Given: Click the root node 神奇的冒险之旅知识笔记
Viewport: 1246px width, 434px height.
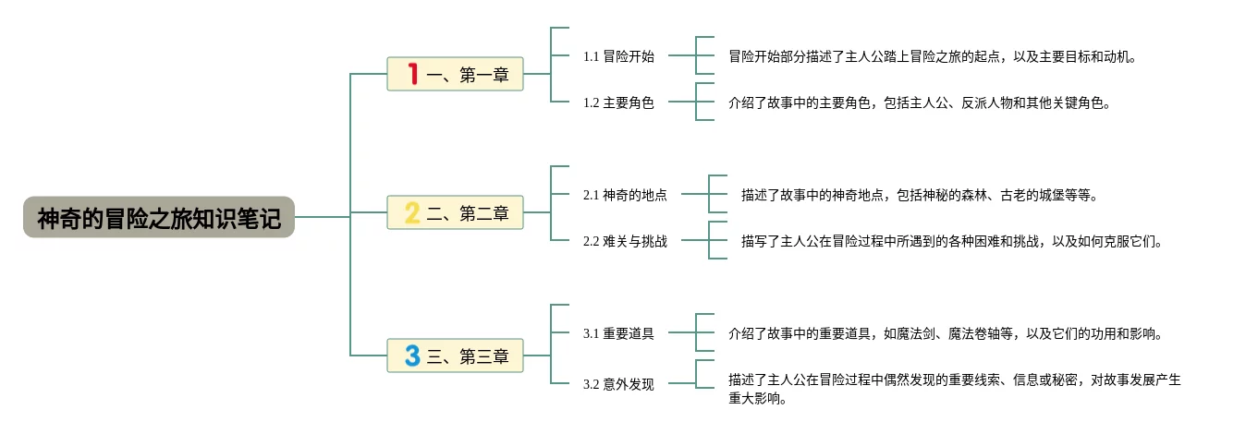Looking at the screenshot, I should click(x=158, y=218).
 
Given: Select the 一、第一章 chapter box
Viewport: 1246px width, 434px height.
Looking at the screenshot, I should click(x=455, y=75).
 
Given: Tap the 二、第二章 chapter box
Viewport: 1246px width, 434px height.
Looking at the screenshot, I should click(x=455, y=213).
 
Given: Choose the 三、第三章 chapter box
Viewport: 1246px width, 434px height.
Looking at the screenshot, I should click(x=455, y=356).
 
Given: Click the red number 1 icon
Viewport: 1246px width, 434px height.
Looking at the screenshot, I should click(x=412, y=74).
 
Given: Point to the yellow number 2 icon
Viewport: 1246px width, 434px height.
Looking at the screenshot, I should click(x=412, y=213).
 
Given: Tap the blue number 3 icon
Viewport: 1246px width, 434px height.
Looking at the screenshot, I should click(x=412, y=356).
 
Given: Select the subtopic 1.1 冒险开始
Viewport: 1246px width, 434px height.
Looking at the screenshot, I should click(x=617, y=56).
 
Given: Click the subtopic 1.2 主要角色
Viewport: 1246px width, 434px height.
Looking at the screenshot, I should click(x=617, y=102).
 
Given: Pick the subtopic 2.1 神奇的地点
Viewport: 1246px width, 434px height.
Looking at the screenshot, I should click(x=625, y=195).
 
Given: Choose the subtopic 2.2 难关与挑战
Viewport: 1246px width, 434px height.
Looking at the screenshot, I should click(x=625, y=241).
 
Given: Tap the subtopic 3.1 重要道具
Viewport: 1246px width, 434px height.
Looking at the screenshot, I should click(x=617, y=333).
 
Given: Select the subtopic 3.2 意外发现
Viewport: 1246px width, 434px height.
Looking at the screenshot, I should click(x=617, y=384).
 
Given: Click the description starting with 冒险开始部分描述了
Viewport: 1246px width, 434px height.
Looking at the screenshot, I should click(x=931, y=56).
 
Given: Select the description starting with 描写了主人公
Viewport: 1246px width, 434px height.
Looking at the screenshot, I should click(x=950, y=241).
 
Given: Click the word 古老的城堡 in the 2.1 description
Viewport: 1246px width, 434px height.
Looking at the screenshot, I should click(x=1026, y=195).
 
